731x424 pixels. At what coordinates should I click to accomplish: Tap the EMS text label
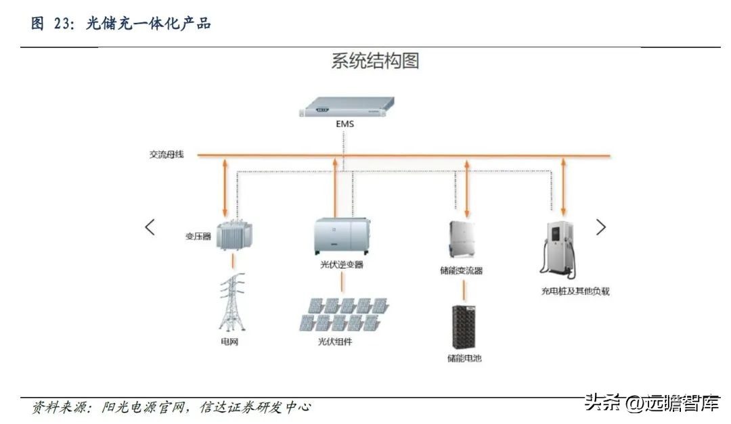(344, 124)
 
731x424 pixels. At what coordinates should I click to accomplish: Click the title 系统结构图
(375, 62)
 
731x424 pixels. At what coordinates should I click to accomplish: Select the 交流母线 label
(167, 155)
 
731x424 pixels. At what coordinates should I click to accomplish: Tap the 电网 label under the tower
(230, 342)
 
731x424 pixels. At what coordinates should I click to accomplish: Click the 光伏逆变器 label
(342, 264)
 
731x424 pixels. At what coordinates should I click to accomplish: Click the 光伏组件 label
(336, 342)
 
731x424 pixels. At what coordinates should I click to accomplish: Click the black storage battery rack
(464, 327)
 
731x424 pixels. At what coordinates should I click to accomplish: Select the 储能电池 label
(464, 358)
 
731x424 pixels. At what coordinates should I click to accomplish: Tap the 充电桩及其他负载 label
(571, 291)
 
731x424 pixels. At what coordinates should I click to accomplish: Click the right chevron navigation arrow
(601, 227)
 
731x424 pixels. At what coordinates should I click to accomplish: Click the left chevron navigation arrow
(150, 227)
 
